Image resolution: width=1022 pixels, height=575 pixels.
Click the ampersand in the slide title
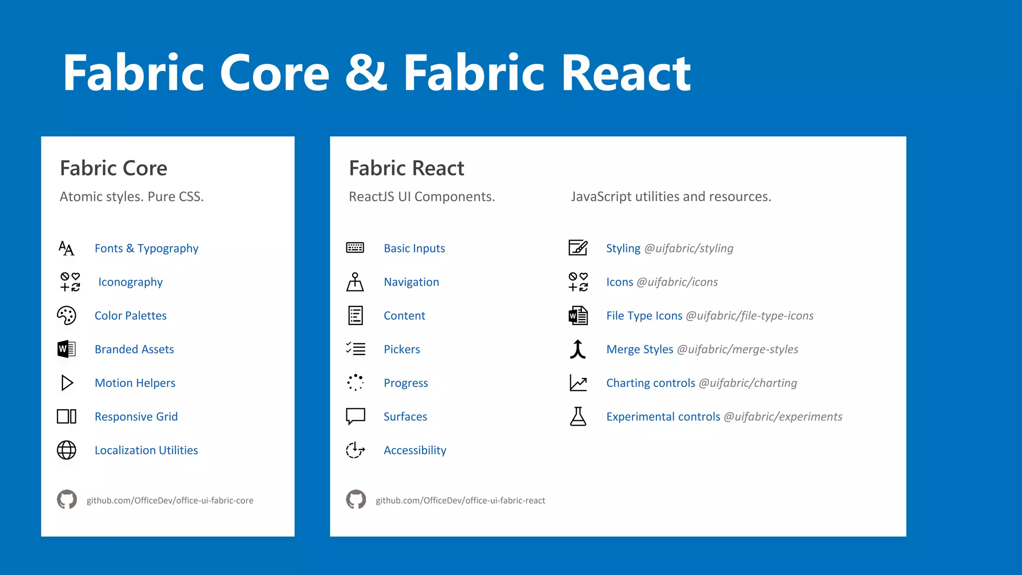(366, 73)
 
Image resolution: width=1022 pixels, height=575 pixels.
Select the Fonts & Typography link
(146, 249)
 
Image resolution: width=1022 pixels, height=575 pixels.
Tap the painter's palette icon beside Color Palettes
(66, 315)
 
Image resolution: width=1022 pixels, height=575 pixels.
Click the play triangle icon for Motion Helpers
(67, 383)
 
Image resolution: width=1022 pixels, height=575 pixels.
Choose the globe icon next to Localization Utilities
(66, 450)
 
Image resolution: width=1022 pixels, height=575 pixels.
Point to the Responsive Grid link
(136, 417)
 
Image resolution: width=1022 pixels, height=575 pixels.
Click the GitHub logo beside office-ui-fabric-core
(67, 500)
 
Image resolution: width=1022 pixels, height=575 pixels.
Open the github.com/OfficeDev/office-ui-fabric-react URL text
(460, 501)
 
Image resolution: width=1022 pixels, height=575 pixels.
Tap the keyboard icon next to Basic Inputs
(355, 248)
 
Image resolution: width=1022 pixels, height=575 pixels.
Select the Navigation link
(411, 282)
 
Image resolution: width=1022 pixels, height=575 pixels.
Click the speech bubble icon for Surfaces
(355, 416)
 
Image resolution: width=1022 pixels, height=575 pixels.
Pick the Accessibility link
(415, 450)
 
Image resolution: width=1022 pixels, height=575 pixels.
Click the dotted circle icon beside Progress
(355, 383)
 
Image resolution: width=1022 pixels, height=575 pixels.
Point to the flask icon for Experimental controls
(578, 416)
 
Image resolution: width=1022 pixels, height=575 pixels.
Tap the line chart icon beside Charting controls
(578, 383)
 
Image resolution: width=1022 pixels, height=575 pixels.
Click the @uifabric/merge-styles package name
(737, 349)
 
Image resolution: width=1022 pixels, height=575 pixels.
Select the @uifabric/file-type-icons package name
(750, 316)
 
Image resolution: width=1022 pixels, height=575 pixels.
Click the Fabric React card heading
(406, 168)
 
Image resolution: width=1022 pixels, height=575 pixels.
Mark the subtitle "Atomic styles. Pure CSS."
(132, 197)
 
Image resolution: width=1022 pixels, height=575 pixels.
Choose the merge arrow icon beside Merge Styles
(578, 349)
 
